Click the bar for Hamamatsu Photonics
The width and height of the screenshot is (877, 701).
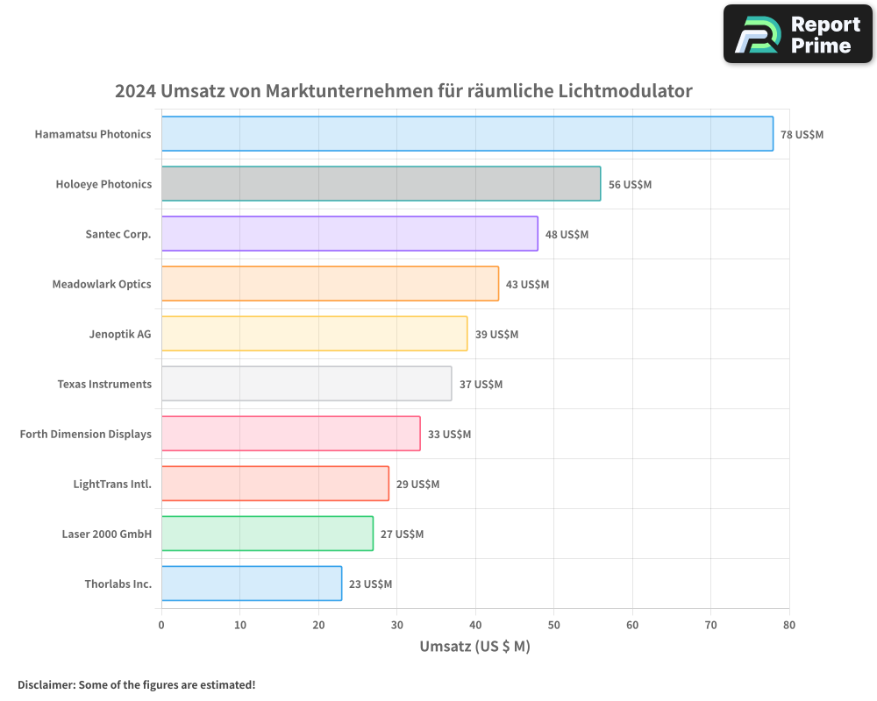[467, 134]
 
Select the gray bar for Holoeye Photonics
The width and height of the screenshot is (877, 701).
[381, 184]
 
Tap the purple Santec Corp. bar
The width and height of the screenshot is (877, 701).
[349, 234]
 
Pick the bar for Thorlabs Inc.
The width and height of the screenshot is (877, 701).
[251, 584]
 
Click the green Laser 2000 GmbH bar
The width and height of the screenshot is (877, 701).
[267, 534]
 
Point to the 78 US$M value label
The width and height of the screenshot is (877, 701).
[802, 135]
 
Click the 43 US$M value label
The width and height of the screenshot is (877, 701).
[527, 285]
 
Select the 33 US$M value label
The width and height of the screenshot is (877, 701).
[449, 435]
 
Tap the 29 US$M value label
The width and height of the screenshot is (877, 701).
[417, 485]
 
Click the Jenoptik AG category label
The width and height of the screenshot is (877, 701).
[120, 334]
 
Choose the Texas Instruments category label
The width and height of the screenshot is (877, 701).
[104, 384]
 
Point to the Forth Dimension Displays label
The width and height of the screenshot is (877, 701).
[86, 434]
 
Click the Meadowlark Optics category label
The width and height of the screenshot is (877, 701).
[102, 284]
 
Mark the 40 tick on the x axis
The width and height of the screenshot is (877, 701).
[475, 626]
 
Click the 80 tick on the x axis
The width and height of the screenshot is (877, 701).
[789, 626]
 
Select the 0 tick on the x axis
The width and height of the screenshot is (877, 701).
[161, 626]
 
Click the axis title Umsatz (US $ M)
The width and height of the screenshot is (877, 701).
[474, 647]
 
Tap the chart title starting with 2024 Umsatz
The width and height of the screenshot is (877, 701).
[403, 91]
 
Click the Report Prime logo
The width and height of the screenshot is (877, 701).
[797, 34]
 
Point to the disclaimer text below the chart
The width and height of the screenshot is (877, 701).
[136, 684]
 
